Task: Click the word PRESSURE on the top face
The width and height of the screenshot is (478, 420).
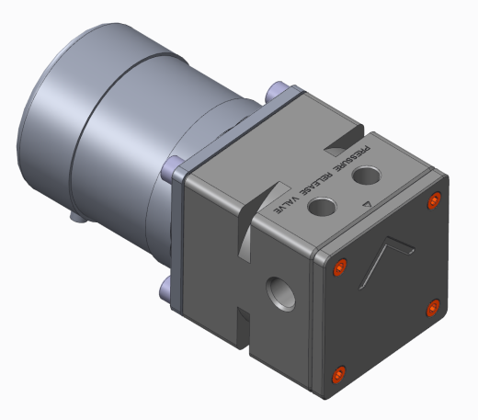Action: point(353,158)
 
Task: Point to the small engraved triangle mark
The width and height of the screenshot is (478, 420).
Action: point(367,204)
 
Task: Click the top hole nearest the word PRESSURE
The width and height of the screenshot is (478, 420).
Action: point(367,176)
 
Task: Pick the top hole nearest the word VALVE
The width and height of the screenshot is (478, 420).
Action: point(322,207)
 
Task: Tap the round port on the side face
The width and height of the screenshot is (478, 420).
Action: point(281,294)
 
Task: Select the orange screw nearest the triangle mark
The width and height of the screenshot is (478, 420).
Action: point(434,200)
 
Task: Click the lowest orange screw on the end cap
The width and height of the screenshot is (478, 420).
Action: point(338,374)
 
